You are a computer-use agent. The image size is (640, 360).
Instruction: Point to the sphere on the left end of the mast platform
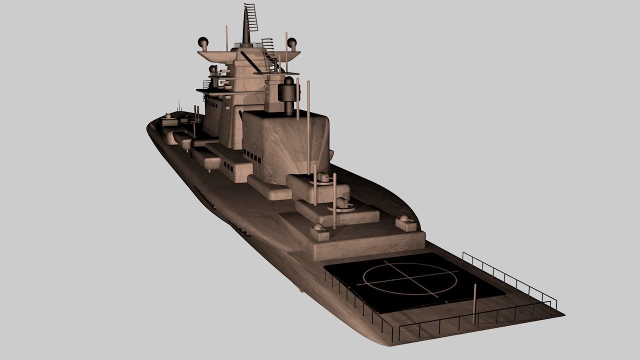coord(203,41)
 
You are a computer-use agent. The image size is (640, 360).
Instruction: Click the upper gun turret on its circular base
coord(323,177)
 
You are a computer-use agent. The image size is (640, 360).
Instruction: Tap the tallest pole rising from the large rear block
coord(308,120)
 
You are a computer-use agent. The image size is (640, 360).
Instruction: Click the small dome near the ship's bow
coord(168,116)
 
